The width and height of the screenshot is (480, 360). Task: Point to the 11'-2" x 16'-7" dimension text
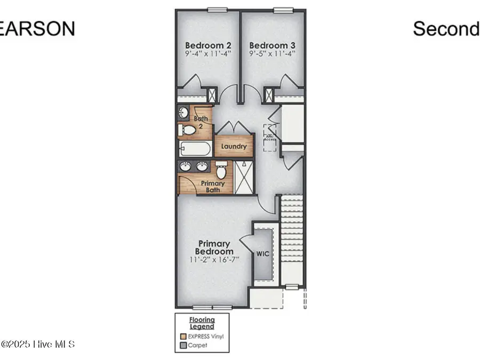pos(214,260)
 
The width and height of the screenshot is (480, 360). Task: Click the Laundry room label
pos(234,146)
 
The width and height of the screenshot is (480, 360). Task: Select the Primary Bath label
pos(212,186)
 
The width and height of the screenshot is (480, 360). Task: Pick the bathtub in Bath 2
pos(195,149)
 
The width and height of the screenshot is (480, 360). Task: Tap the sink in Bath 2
pos(183,113)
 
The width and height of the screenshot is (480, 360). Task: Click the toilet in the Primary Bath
pos(221,171)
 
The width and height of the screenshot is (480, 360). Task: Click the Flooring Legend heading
pos(202,323)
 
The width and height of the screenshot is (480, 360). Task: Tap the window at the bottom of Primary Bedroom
pos(212,307)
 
